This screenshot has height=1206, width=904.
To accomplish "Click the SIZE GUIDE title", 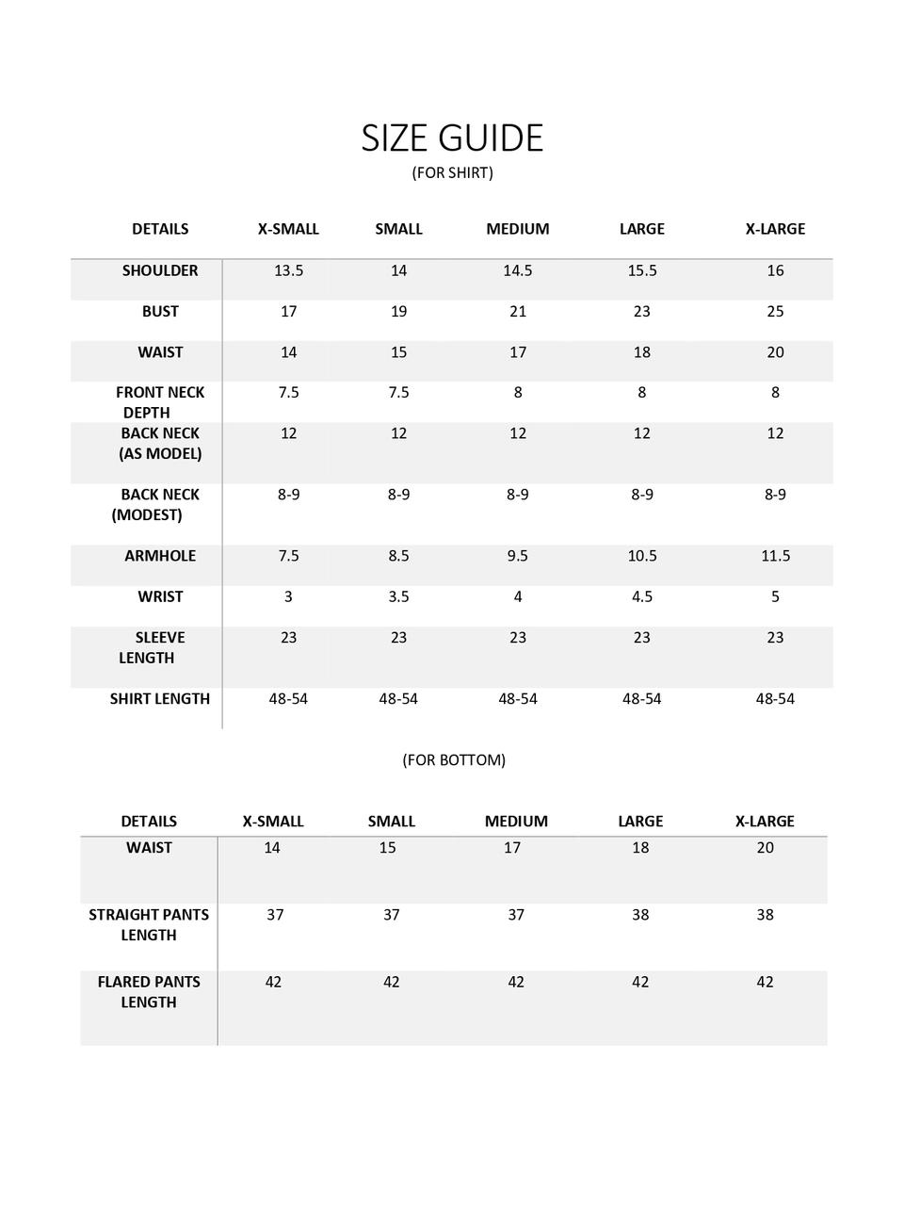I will pyautogui.click(x=452, y=138).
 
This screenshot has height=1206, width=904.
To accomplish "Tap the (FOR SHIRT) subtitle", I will pyautogui.click(x=452, y=172).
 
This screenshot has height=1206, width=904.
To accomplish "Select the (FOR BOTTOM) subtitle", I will pyautogui.click(x=454, y=759).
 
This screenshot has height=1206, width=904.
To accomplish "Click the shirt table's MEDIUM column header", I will pyautogui.click(x=517, y=229).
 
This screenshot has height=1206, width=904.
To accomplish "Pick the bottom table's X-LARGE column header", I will pyautogui.click(x=765, y=821).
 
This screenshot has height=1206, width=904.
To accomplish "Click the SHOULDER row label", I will pyautogui.click(x=160, y=270).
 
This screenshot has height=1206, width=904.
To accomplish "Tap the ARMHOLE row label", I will pyautogui.click(x=160, y=556).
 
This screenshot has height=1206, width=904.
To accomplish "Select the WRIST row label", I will pyautogui.click(x=160, y=596).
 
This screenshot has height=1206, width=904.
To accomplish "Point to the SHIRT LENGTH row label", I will pyautogui.click(x=160, y=698).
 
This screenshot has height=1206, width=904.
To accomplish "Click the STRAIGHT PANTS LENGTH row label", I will pyautogui.click(x=149, y=924).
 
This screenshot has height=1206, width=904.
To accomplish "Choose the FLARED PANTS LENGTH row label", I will pyautogui.click(x=149, y=991).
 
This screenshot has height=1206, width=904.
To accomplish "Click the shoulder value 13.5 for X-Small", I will pyautogui.click(x=288, y=270).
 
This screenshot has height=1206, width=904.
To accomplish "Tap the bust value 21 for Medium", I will pyautogui.click(x=517, y=311).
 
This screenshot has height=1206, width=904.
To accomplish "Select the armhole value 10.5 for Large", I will pyautogui.click(x=641, y=556).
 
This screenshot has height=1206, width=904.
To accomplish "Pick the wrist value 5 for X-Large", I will pyautogui.click(x=775, y=596).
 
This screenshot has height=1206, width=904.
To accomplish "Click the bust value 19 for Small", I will pyautogui.click(x=398, y=311).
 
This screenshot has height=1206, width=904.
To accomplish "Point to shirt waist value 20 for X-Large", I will pyautogui.click(x=775, y=352).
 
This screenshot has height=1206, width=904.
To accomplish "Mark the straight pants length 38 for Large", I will pyautogui.click(x=640, y=914).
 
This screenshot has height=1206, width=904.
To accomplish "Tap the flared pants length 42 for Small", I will pyautogui.click(x=391, y=982).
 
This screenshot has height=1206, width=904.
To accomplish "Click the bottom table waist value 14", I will pyautogui.click(x=271, y=847).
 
